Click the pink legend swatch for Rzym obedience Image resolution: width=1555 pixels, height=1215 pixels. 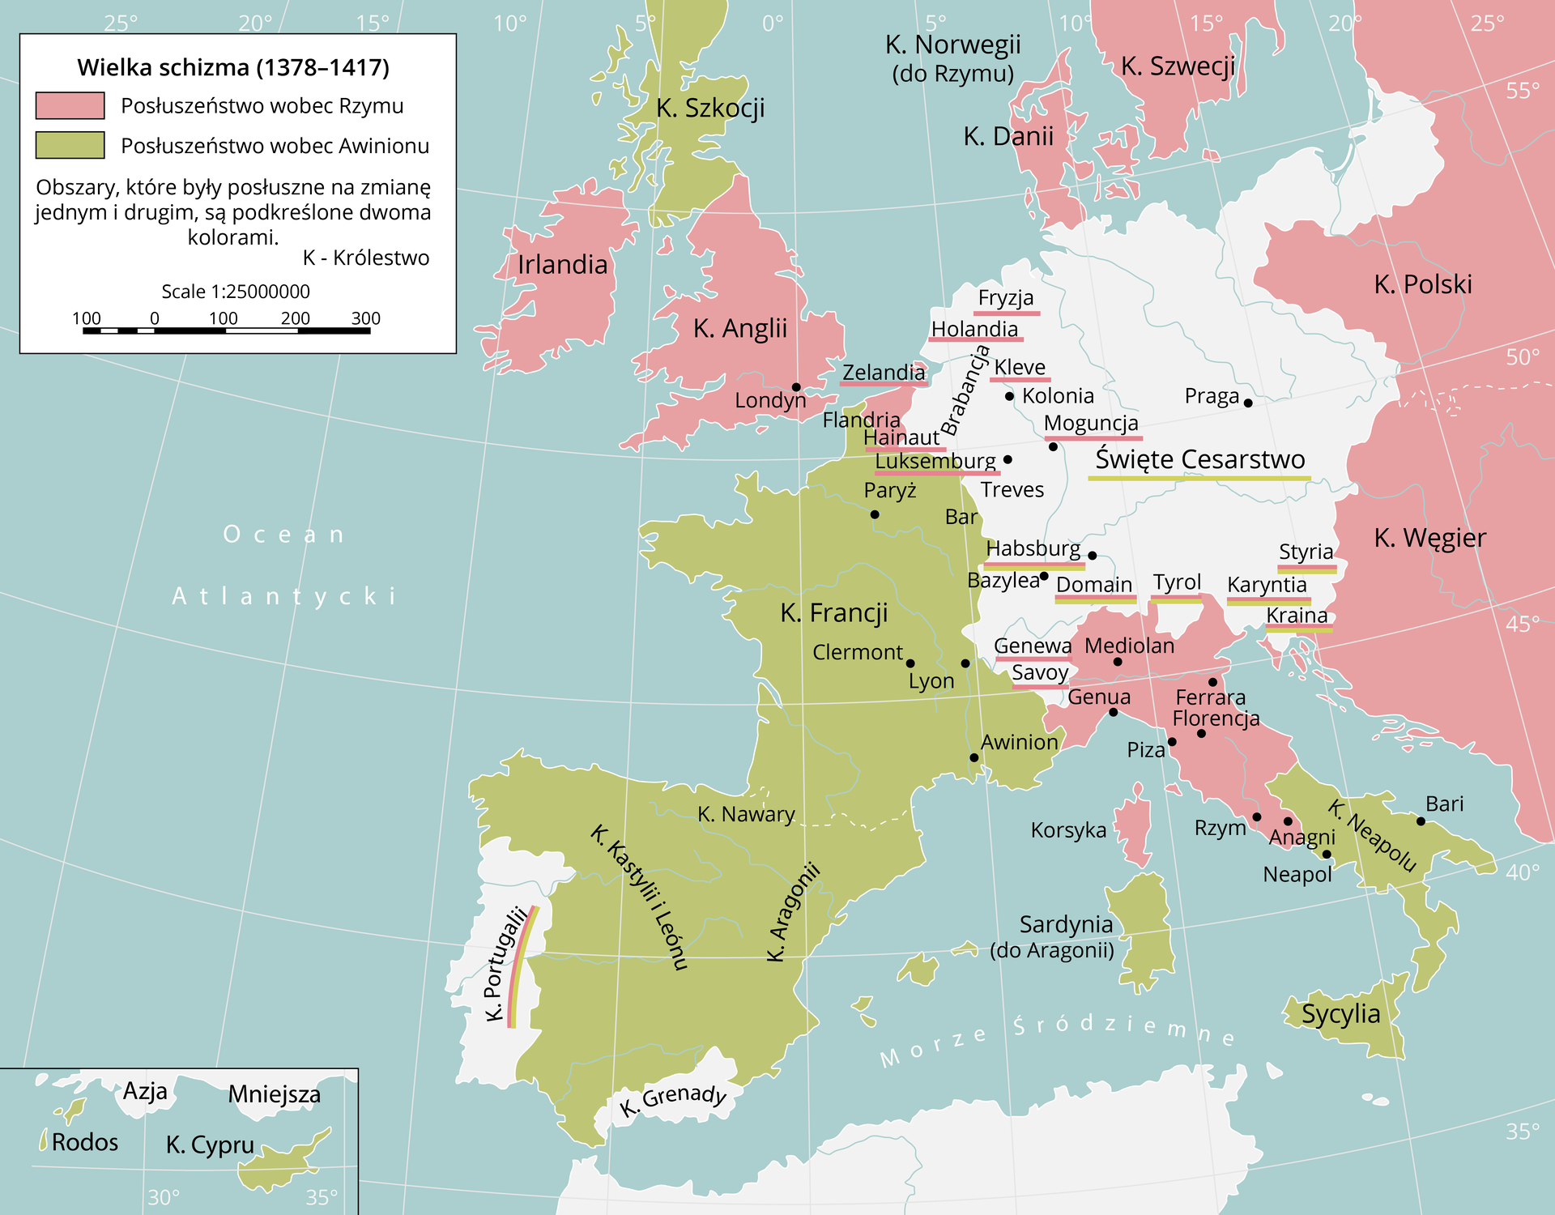pos(70,105)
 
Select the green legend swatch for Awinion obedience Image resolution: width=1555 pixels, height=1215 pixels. pos(70,145)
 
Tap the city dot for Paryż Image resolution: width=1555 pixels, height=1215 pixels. pos(875,514)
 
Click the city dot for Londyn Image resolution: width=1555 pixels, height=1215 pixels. pos(796,387)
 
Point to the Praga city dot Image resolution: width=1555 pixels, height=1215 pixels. pos(1248,403)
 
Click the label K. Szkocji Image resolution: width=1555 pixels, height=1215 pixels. pos(710,108)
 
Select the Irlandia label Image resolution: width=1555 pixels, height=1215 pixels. pos(562,264)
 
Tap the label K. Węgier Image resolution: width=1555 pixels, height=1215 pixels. pos(1429,537)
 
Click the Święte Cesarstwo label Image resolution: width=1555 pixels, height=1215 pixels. pos(1199,459)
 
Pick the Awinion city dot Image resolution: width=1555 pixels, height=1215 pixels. pos(974,758)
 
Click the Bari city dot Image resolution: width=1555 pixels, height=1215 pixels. pos(1421,821)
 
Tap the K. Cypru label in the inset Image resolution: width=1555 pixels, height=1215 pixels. pos(210,1145)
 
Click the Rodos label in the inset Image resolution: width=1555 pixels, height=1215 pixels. pos(84,1142)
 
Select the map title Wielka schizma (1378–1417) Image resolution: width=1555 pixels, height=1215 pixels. pos(233,67)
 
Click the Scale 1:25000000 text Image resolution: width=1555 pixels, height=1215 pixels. pos(235,292)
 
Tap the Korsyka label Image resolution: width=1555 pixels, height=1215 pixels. pos(1068,830)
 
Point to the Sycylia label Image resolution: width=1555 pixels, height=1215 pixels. pos(1340,1013)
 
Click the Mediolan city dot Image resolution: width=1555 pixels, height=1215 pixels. pos(1118,662)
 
